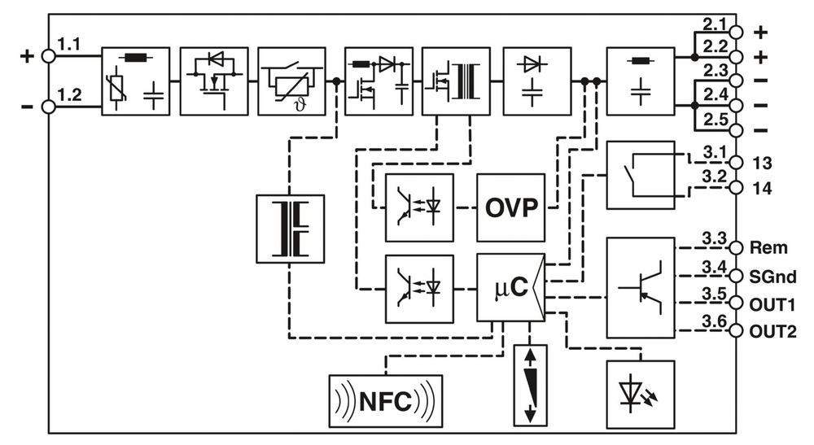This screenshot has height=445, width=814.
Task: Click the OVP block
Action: coord(510,207)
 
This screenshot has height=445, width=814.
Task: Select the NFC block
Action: coord(386,400)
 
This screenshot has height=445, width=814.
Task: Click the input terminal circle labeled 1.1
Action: coord(47,56)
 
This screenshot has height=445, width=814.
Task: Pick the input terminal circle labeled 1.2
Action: coord(47,107)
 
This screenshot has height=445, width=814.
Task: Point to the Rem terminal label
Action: coord(768,247)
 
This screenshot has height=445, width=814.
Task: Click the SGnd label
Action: coord(774,277)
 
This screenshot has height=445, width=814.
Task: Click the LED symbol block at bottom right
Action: coord(641,394)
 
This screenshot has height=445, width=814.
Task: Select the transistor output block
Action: coord(641,287)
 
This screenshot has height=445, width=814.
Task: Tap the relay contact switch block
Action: coord(641,174)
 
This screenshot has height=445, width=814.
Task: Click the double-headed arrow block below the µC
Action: coord(531,384)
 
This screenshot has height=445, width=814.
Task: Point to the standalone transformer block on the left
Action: coord(290,229)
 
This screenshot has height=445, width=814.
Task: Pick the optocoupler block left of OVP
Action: coord(418,207)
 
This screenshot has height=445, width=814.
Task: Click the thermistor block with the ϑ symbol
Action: coord(291,81)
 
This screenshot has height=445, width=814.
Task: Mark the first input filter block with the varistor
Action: coord(135,81)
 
